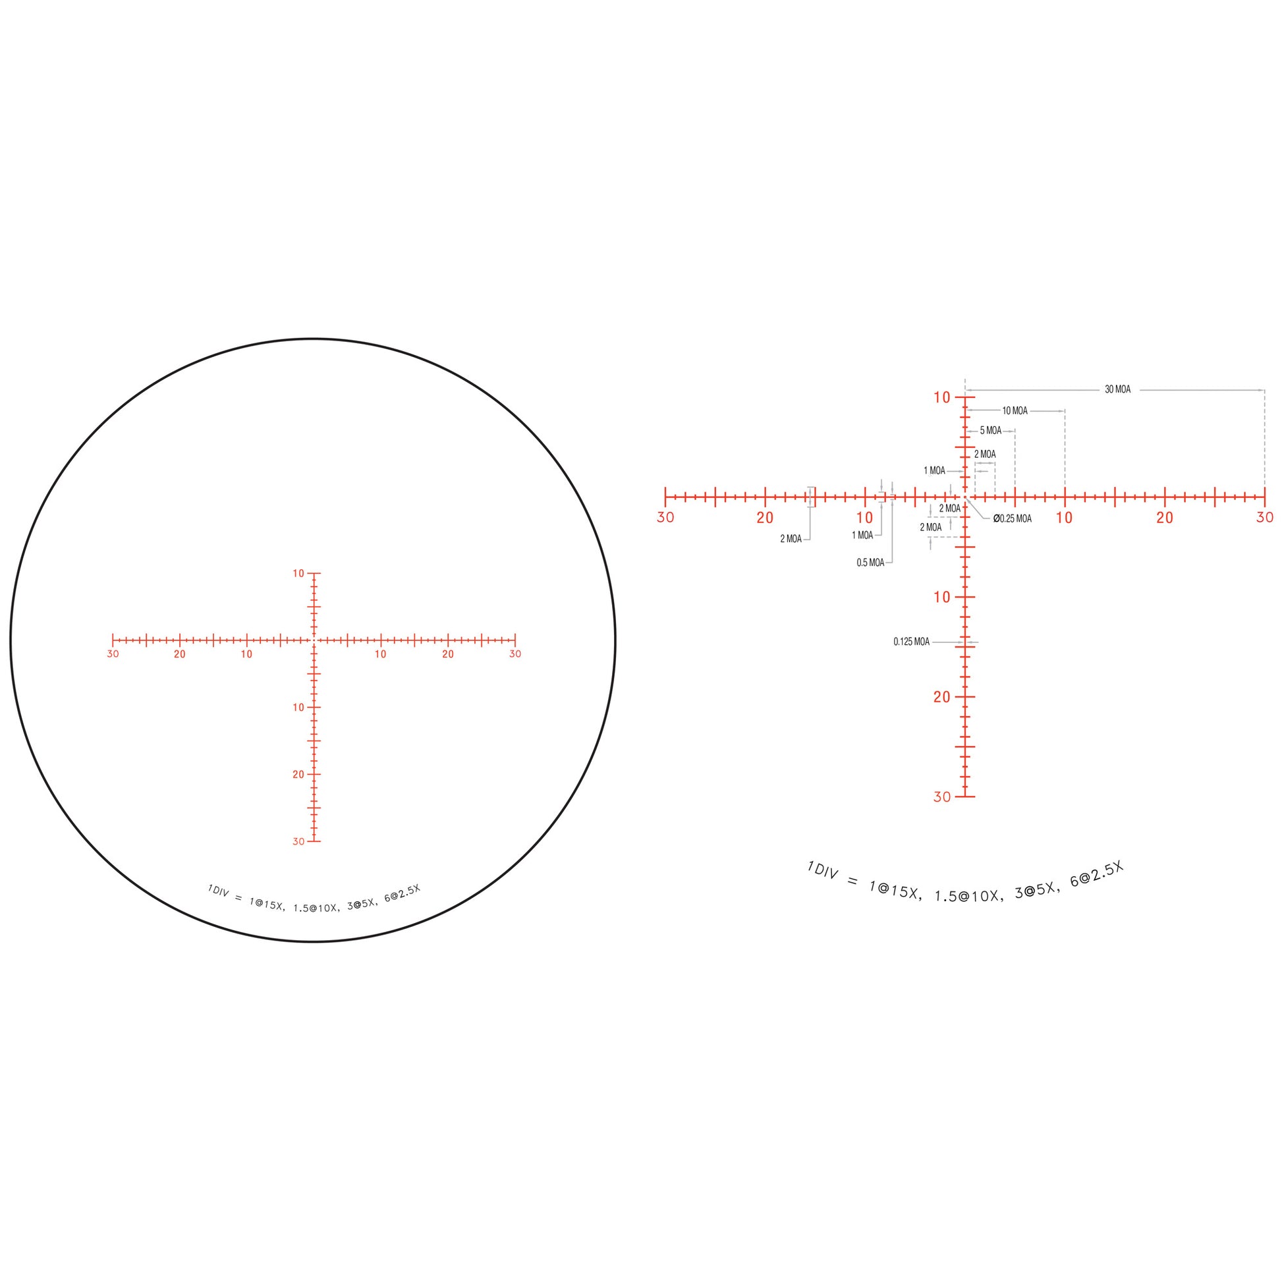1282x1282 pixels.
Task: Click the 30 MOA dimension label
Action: pyautogui.click(x=1117, y=389)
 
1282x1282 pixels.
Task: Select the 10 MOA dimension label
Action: pyautogui.click(x=1015, y=410)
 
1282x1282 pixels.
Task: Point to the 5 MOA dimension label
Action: pyautogui.click(x=991, y=431)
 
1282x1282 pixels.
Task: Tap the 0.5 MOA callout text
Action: pyautogui.click(x=870, y=563)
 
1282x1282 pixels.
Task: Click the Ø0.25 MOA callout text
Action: pyautogui.click(x=1013, y=519)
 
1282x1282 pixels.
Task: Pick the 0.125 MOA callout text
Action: pyautogui.click(x=911, y=642)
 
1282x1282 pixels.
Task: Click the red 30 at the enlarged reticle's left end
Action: pyautogui.click(x=665, y=518)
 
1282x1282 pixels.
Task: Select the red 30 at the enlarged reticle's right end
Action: pyautogui.click(x=1265, y=518)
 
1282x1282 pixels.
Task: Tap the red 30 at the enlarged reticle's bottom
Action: pyautogui.click(x=942, y=797)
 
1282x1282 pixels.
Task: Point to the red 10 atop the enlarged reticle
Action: pyautogui.click(x=942, y=397)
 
